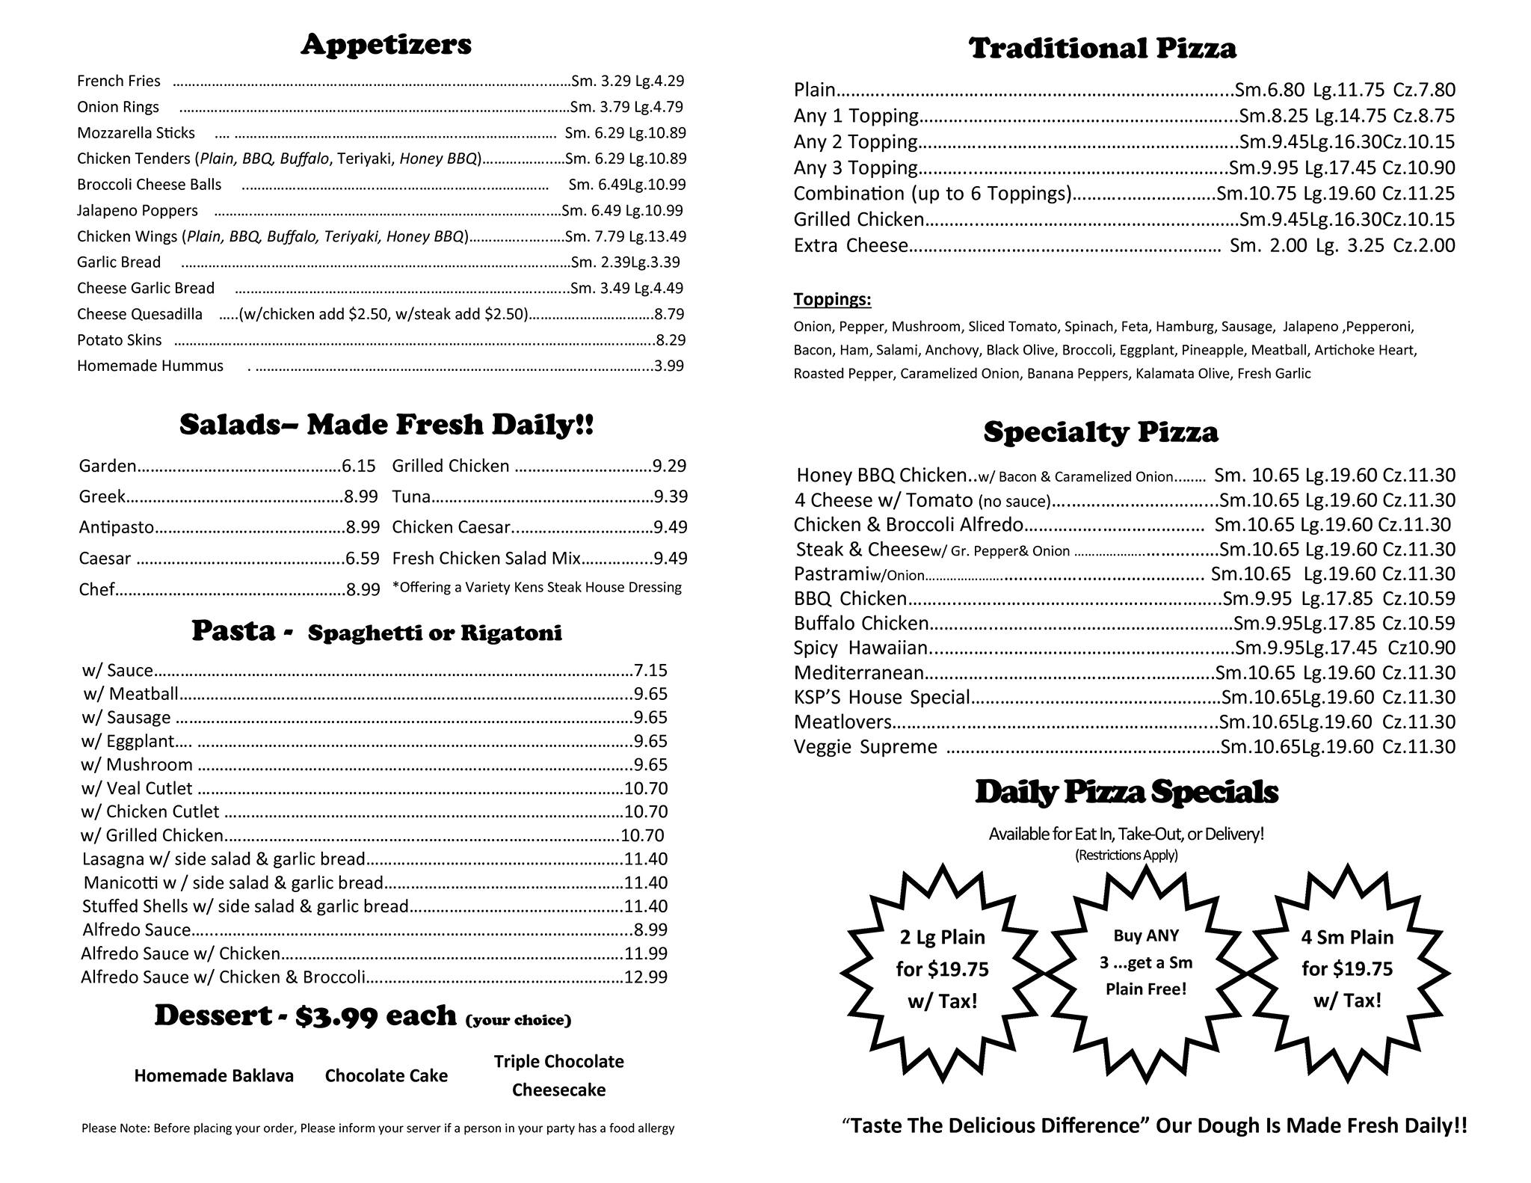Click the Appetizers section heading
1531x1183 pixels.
pos(386,45)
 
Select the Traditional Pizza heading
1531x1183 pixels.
pos(1103,49)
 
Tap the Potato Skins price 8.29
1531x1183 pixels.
pos(670,340)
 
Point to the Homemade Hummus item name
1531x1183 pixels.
pos(150,366)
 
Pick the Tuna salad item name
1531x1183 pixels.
pos(411,497)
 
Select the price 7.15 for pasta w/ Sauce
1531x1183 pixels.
pos(650,670)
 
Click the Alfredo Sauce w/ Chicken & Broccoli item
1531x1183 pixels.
pos(223,977)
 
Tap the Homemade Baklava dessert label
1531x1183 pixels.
pos(214,1075)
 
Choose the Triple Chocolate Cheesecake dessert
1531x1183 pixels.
pos(558,1075)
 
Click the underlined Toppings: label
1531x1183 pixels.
pos(832,300)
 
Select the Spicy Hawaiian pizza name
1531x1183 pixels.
pos(860,648)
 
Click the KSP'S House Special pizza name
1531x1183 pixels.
pos(881,697)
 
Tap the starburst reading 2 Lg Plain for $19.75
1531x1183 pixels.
pos(942,968)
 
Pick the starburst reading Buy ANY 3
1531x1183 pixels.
pos(1146,962)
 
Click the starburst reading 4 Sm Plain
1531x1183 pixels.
pos(1347,968)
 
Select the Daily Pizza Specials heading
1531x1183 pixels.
pos(1127,793)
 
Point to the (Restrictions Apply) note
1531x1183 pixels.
pos(1126,855)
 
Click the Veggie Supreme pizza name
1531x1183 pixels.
pos(865,746)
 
